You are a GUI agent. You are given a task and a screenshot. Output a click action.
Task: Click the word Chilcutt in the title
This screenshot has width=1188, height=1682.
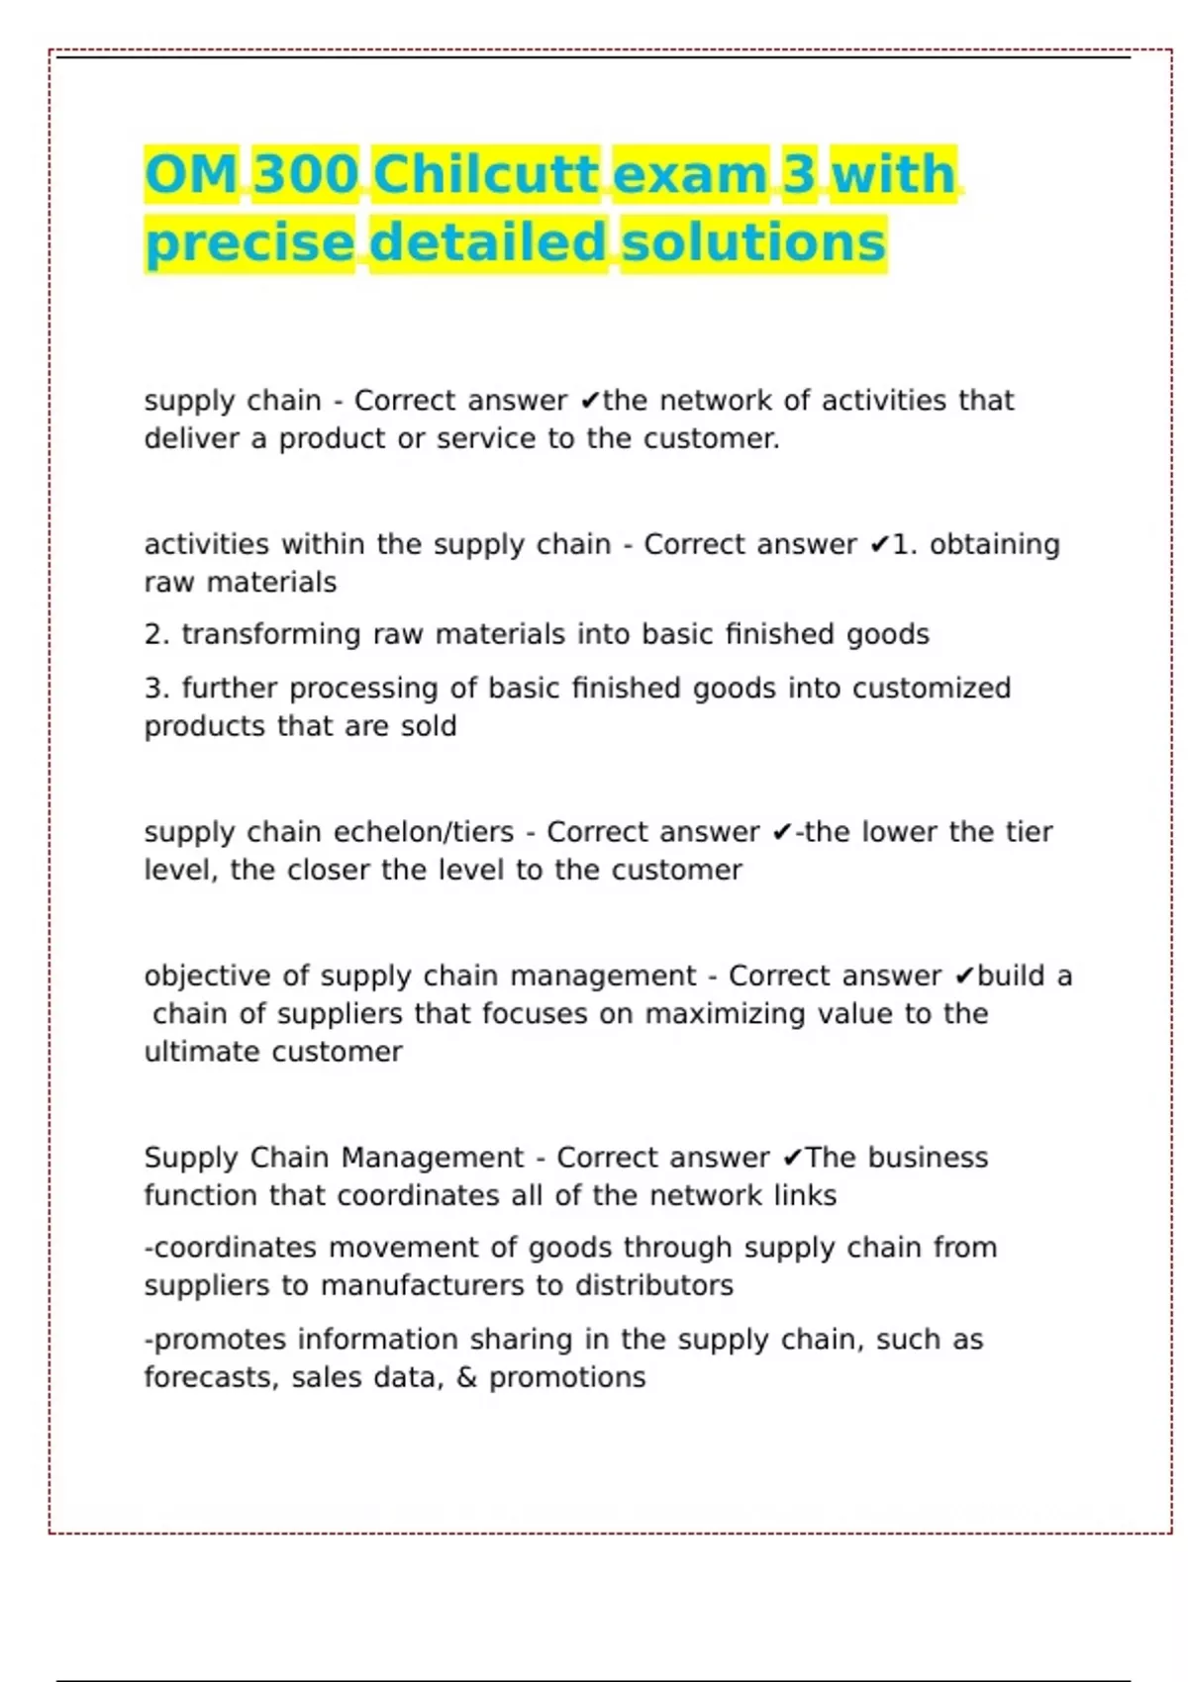click(486, 175)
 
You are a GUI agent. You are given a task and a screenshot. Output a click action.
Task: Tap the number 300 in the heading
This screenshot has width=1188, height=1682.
click(305, 175)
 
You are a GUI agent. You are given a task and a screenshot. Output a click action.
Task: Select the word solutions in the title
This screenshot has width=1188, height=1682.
click(753, 243)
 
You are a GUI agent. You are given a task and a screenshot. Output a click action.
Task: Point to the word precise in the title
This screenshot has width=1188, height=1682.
click(249, 243)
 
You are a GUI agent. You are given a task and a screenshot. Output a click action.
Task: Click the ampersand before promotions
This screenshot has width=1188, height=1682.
click(466, 1377)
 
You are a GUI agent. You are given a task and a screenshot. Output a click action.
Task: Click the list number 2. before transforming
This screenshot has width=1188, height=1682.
click(156, 634)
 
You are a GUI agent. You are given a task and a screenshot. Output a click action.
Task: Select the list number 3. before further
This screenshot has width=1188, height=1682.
click(156, 688)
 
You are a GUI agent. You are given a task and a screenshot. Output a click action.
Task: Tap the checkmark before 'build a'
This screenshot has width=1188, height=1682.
click(964, 977)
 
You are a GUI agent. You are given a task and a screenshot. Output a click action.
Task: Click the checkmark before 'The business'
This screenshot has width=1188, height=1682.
click(792, 1158)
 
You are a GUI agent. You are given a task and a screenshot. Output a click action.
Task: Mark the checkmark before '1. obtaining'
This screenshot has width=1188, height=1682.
click(879, 545)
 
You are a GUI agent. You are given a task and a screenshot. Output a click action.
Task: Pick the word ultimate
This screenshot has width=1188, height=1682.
click(202, 1052)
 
